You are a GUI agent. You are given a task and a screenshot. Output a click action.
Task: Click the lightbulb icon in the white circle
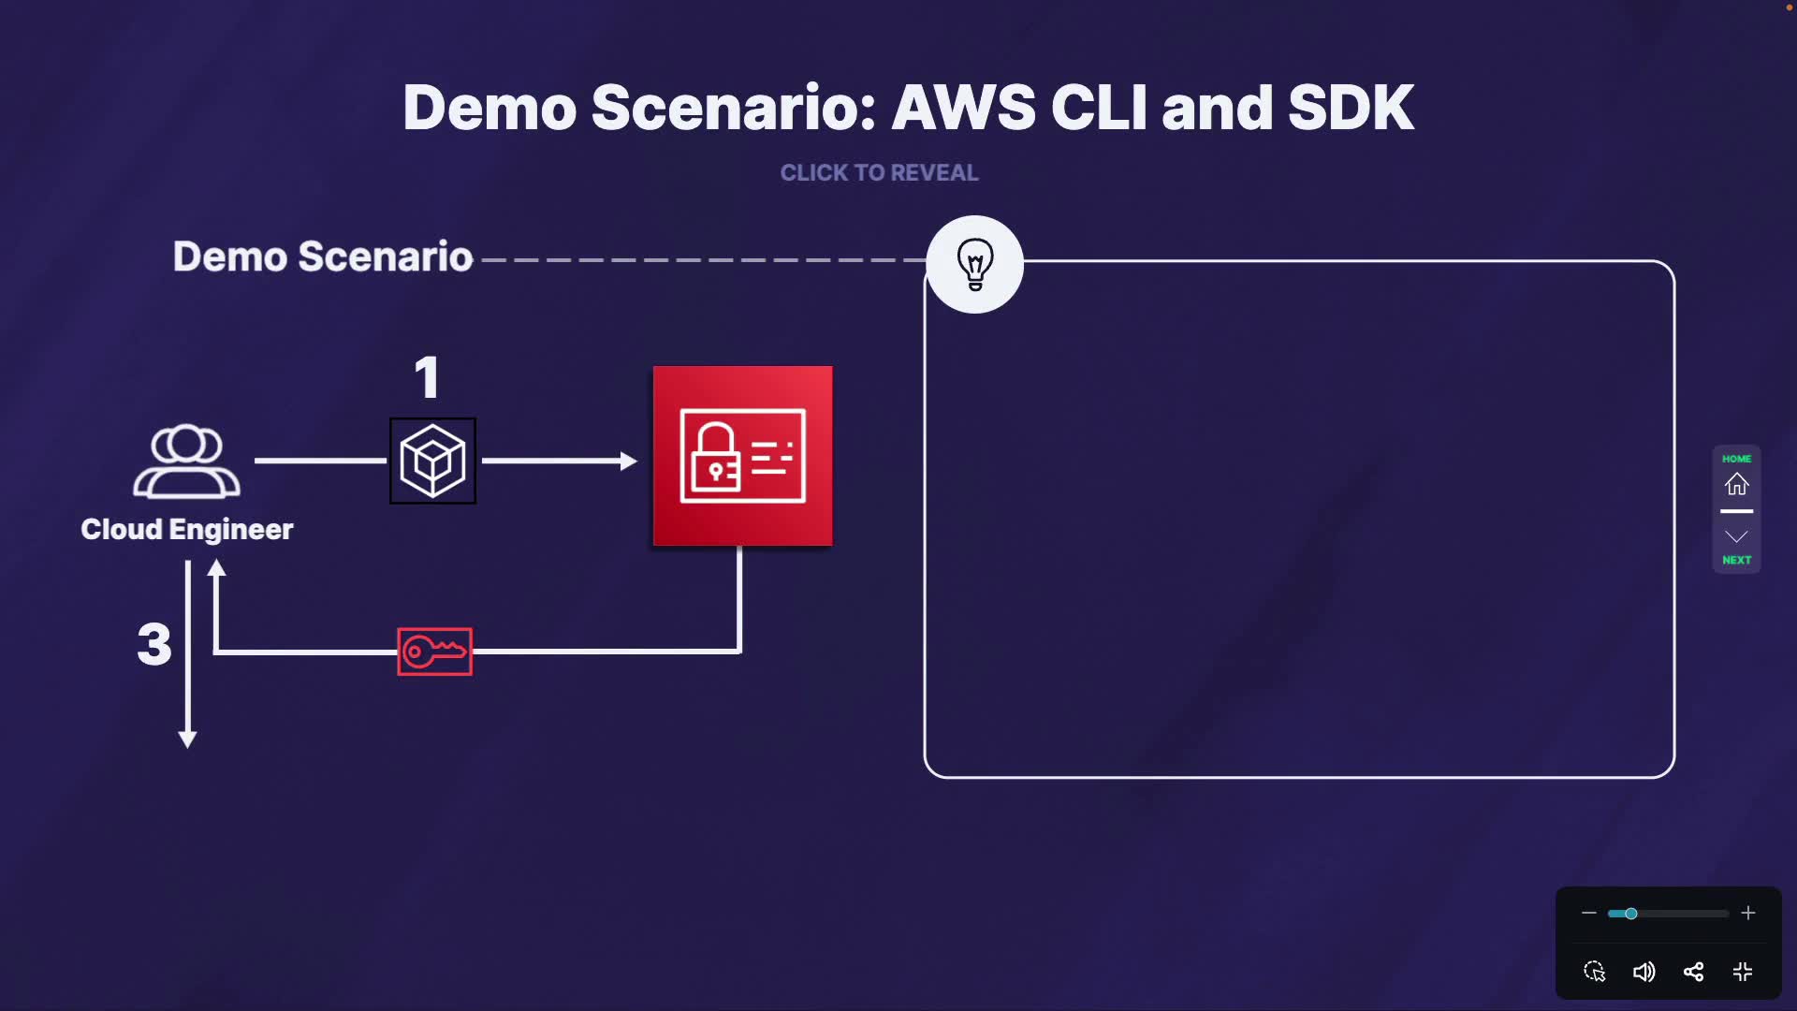click(974, 264)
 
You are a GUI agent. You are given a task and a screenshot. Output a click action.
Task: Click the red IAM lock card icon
click(742, 456)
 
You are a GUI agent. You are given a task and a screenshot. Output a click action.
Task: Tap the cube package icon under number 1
click(432, 461)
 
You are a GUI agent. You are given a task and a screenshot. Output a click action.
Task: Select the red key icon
click(434, 652)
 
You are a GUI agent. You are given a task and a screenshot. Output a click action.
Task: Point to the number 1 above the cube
click(427, 378)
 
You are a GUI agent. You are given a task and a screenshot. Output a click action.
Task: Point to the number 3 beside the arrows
click(154, 644)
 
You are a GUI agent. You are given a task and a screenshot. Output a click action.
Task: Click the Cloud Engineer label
click(187, 530)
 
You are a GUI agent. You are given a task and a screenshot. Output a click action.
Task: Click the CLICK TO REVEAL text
click(879, 173)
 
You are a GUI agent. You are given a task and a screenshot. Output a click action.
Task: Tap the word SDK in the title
click(1351, 108)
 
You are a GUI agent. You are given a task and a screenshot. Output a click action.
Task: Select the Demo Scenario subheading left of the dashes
click(323, 256)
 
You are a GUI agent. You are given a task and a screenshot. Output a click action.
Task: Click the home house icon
click(1736, 484)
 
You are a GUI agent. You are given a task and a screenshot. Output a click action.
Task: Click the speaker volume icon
click(1644, 972)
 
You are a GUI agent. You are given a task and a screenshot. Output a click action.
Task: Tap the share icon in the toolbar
click(1693, 972)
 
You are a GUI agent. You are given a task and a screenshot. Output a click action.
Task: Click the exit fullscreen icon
click(1743, 972)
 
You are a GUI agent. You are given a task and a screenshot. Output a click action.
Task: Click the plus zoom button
click(1747, 913)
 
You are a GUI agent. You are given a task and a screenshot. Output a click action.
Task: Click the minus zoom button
click(1588, 913)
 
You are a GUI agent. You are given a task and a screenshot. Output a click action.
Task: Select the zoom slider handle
click(1630, 913)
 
